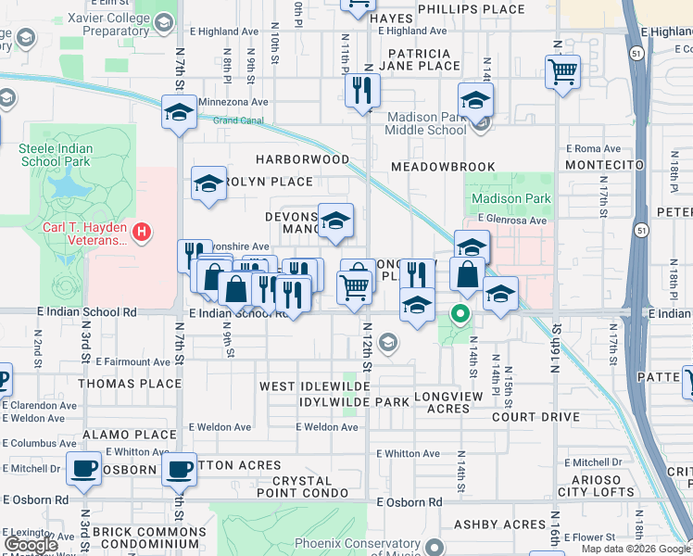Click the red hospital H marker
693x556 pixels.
click(x=141, y=231)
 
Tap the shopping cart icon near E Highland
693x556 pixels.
click(x=562, y=71)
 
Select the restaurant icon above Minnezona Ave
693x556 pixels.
click(x=362, y=90)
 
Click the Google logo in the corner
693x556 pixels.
click(x=31, y=545)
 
